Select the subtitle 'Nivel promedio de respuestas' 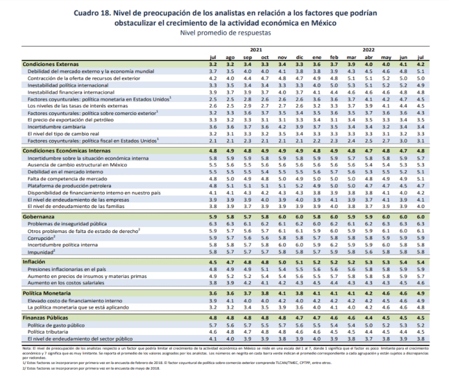pos(223,32)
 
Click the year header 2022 pos(369,49)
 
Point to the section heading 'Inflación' pos(35,262)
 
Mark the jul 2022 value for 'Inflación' pos(420,262)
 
